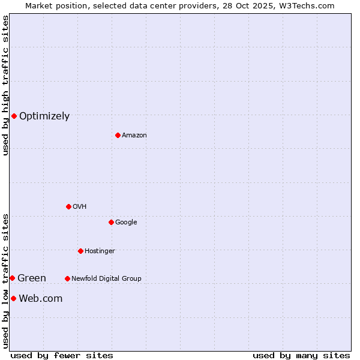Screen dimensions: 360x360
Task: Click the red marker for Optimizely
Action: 14,116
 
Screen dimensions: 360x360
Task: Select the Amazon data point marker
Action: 118,135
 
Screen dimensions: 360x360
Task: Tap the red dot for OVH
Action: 68,206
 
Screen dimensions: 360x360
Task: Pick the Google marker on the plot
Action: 111,222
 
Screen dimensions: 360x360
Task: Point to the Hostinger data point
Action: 80,251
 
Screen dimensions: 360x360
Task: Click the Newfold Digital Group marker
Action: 67,278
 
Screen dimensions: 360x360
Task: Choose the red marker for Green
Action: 12,278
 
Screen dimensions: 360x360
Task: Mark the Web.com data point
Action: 13,298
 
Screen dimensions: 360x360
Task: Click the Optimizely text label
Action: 44,116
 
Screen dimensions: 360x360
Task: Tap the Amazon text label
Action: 134,136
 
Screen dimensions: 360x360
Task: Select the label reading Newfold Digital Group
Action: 106,278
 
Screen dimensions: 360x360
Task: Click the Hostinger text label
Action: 100,251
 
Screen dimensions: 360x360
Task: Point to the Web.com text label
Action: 41,299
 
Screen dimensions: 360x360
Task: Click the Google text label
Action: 126,223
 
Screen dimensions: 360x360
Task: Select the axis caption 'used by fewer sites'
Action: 62,355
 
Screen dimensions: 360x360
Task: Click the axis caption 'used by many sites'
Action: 301,355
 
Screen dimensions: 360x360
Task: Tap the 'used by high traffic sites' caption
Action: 6,85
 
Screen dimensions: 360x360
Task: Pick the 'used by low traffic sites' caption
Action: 6,281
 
